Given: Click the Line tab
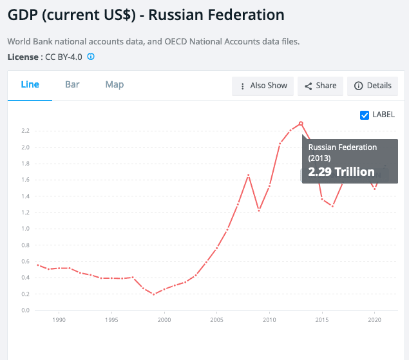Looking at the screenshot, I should click(30, 84).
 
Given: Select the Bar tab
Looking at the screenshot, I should click(72, 84).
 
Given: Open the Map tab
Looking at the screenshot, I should click(115, 84).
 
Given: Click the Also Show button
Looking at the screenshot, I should click(263, 86).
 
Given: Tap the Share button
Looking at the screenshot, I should click(320, 86).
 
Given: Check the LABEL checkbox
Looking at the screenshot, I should click(365, 115).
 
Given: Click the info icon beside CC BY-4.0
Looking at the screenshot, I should click(91, 57).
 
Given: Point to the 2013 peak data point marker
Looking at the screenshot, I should click(301, 123).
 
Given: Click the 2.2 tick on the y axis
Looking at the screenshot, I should click(25, 131).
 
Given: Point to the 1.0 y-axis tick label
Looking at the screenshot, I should click(25, 229).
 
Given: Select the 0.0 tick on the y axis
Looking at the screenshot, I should click(25, 310).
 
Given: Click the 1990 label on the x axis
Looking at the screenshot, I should click(59, 319).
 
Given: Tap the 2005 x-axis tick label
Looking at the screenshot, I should click(217, 319).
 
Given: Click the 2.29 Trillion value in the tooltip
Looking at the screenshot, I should click(341, 172).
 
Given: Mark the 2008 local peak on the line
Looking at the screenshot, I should click(249, 175).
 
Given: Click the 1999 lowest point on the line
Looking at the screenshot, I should click(153, 294).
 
